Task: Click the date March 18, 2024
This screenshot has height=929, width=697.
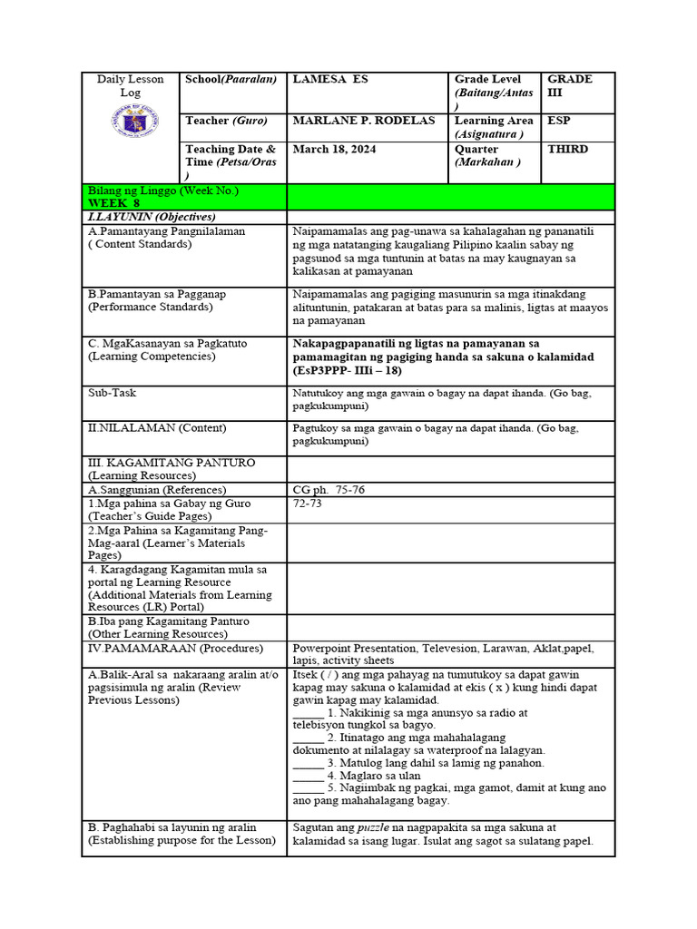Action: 334,149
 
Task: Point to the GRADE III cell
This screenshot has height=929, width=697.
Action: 570,85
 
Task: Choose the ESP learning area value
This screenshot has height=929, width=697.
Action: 559,121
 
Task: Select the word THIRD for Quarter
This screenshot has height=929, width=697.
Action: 568,149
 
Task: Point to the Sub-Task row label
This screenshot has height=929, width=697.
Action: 113,393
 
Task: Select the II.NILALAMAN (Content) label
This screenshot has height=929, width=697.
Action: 157,427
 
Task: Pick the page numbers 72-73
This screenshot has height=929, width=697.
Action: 307,503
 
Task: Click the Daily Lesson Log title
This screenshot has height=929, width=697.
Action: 131,86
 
